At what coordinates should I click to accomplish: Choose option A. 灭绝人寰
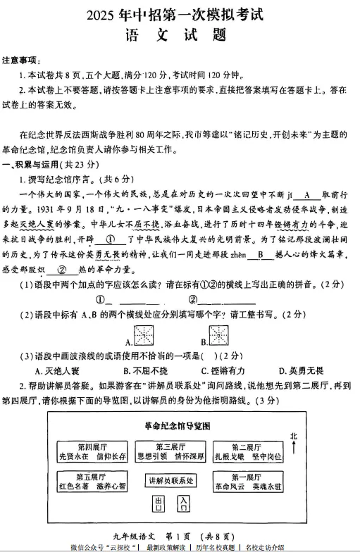58,370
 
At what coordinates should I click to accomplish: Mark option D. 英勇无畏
301,370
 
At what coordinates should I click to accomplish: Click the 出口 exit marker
159,503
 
